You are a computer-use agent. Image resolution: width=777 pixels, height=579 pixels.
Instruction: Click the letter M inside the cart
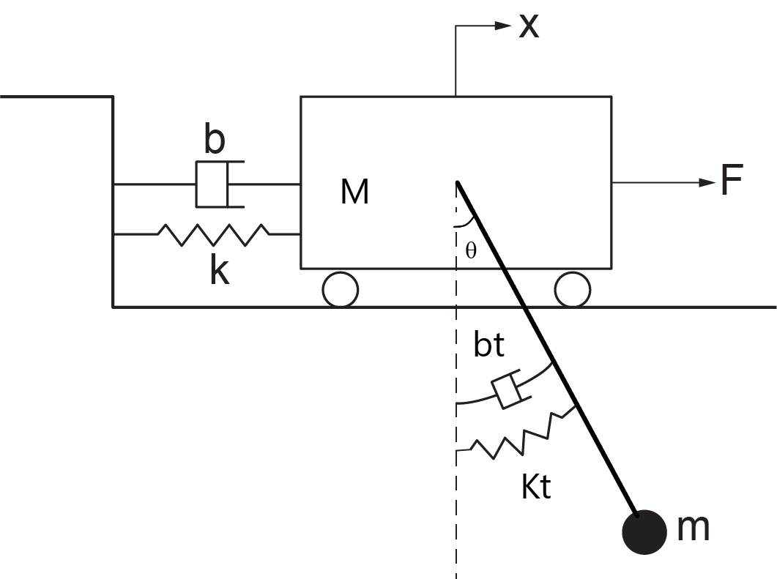(x=354, y=192)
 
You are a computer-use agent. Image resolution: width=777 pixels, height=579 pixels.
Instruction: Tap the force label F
(x=732, y=179)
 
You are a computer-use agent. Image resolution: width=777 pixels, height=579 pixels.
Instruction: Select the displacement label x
(x=529, y=26)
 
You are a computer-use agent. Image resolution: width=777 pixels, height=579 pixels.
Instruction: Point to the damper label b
(x=215, y=139)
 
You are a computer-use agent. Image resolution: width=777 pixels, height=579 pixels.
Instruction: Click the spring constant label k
(x=220, y=271)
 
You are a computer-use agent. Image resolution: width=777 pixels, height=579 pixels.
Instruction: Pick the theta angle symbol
(x=472, y=250)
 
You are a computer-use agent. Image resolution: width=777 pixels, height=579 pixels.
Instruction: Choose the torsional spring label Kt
(x=536, y=486)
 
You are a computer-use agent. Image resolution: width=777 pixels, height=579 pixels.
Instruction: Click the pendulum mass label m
(x=693, y=528)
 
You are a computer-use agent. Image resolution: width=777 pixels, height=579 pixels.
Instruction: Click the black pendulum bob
(x=644, y=532)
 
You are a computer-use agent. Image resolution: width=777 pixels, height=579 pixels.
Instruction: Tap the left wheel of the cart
(x=341, y=290)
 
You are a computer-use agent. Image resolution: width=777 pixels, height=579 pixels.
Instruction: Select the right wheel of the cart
(x=573, y=290)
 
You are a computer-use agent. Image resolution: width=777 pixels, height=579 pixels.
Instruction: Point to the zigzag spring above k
(x=214, y=235)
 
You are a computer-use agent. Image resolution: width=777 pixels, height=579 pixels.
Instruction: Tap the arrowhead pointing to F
(x=707, y=183)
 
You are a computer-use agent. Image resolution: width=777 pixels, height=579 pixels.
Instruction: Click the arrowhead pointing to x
(x=503, y=26)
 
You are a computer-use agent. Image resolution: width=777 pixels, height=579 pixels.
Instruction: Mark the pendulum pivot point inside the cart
(x=458, y=183)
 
